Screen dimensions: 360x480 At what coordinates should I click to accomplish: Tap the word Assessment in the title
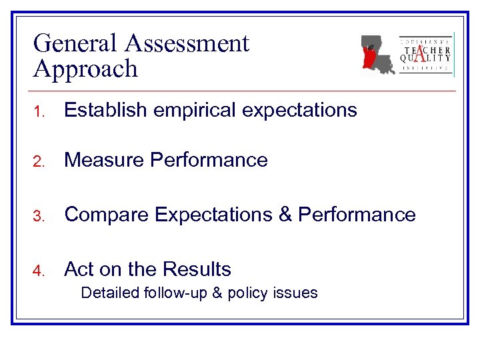pos(187,44)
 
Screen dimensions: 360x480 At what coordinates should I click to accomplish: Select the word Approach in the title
pos(85,69)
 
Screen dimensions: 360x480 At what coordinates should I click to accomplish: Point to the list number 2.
pos(39,161)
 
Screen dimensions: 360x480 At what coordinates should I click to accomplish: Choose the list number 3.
pos(39,216)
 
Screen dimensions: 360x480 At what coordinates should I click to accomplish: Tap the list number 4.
pos(39,271)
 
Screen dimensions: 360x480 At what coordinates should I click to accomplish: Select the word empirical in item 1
pos(190,111)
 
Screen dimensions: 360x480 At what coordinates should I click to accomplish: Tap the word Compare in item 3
pos(107,215)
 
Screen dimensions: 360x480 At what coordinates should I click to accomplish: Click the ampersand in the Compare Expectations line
pos(284,215)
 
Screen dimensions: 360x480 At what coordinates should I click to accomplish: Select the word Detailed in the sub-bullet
pos(109,292)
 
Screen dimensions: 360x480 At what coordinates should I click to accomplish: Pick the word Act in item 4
pos(79,269)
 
